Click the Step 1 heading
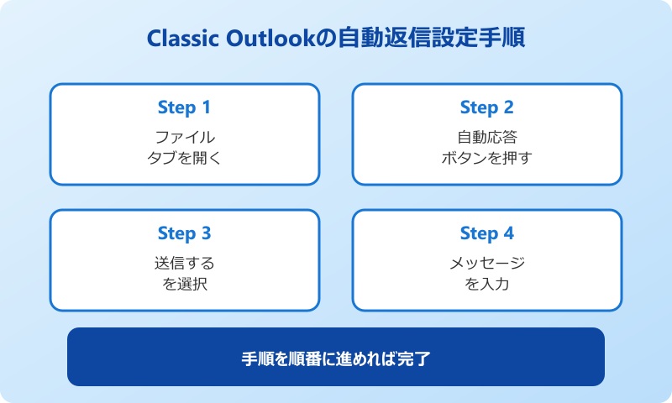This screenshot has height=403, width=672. [x=184, y=107]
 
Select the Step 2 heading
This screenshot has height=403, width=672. [x=486, y=107]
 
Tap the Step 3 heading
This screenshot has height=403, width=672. [x=184, y=233]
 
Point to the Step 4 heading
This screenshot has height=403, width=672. [x=486, y=233]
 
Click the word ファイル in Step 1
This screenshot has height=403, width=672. [x=185, y=137]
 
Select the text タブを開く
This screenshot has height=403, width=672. [x=185, y=157]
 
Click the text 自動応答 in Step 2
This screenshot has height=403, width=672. [x=487, y=137]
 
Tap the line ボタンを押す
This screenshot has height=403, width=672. [x=487, y=157]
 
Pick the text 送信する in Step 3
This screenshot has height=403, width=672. [x=185, y=263]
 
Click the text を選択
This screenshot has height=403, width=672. [x=185, y=283]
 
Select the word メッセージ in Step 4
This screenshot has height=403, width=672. [x=487, y=263]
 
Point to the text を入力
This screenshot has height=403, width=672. [x=487, y=283]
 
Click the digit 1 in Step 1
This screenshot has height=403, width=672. [x=206, y=107]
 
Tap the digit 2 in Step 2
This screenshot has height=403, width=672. [x=508, y=107]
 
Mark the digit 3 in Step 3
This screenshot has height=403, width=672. [x=206, y=233]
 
